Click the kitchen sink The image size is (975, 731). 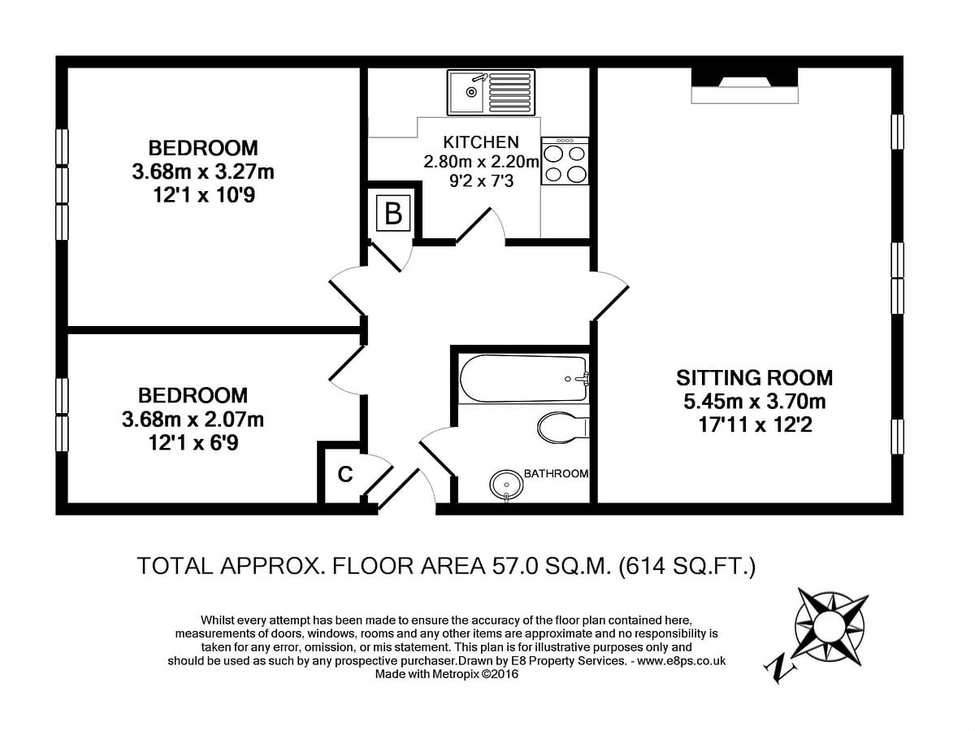tap(491, 92)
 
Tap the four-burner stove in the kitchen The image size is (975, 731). tap(565, 161)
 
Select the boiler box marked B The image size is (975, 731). tap(393, 213)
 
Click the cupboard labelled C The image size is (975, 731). tap(345, 474)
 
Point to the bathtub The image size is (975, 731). tap(523, 379)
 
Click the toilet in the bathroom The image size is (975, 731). tap(563, 428)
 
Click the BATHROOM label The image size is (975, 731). tap(556, 474)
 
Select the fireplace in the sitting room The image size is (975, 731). tap(745, 85)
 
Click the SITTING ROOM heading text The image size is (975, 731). tap(754, 378)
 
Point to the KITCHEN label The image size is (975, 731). tap(481, 142)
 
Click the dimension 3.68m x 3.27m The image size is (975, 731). tap(203, 172)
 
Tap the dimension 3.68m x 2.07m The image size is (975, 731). tap(193, 419)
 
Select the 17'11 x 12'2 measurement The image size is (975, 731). tap(755, 424)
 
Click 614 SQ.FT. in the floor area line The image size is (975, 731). tap(687, 566)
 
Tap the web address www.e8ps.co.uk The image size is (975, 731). tap(682, 661)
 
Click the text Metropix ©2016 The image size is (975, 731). tap(474, 674)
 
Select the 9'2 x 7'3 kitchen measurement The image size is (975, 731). tap(482, 181)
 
